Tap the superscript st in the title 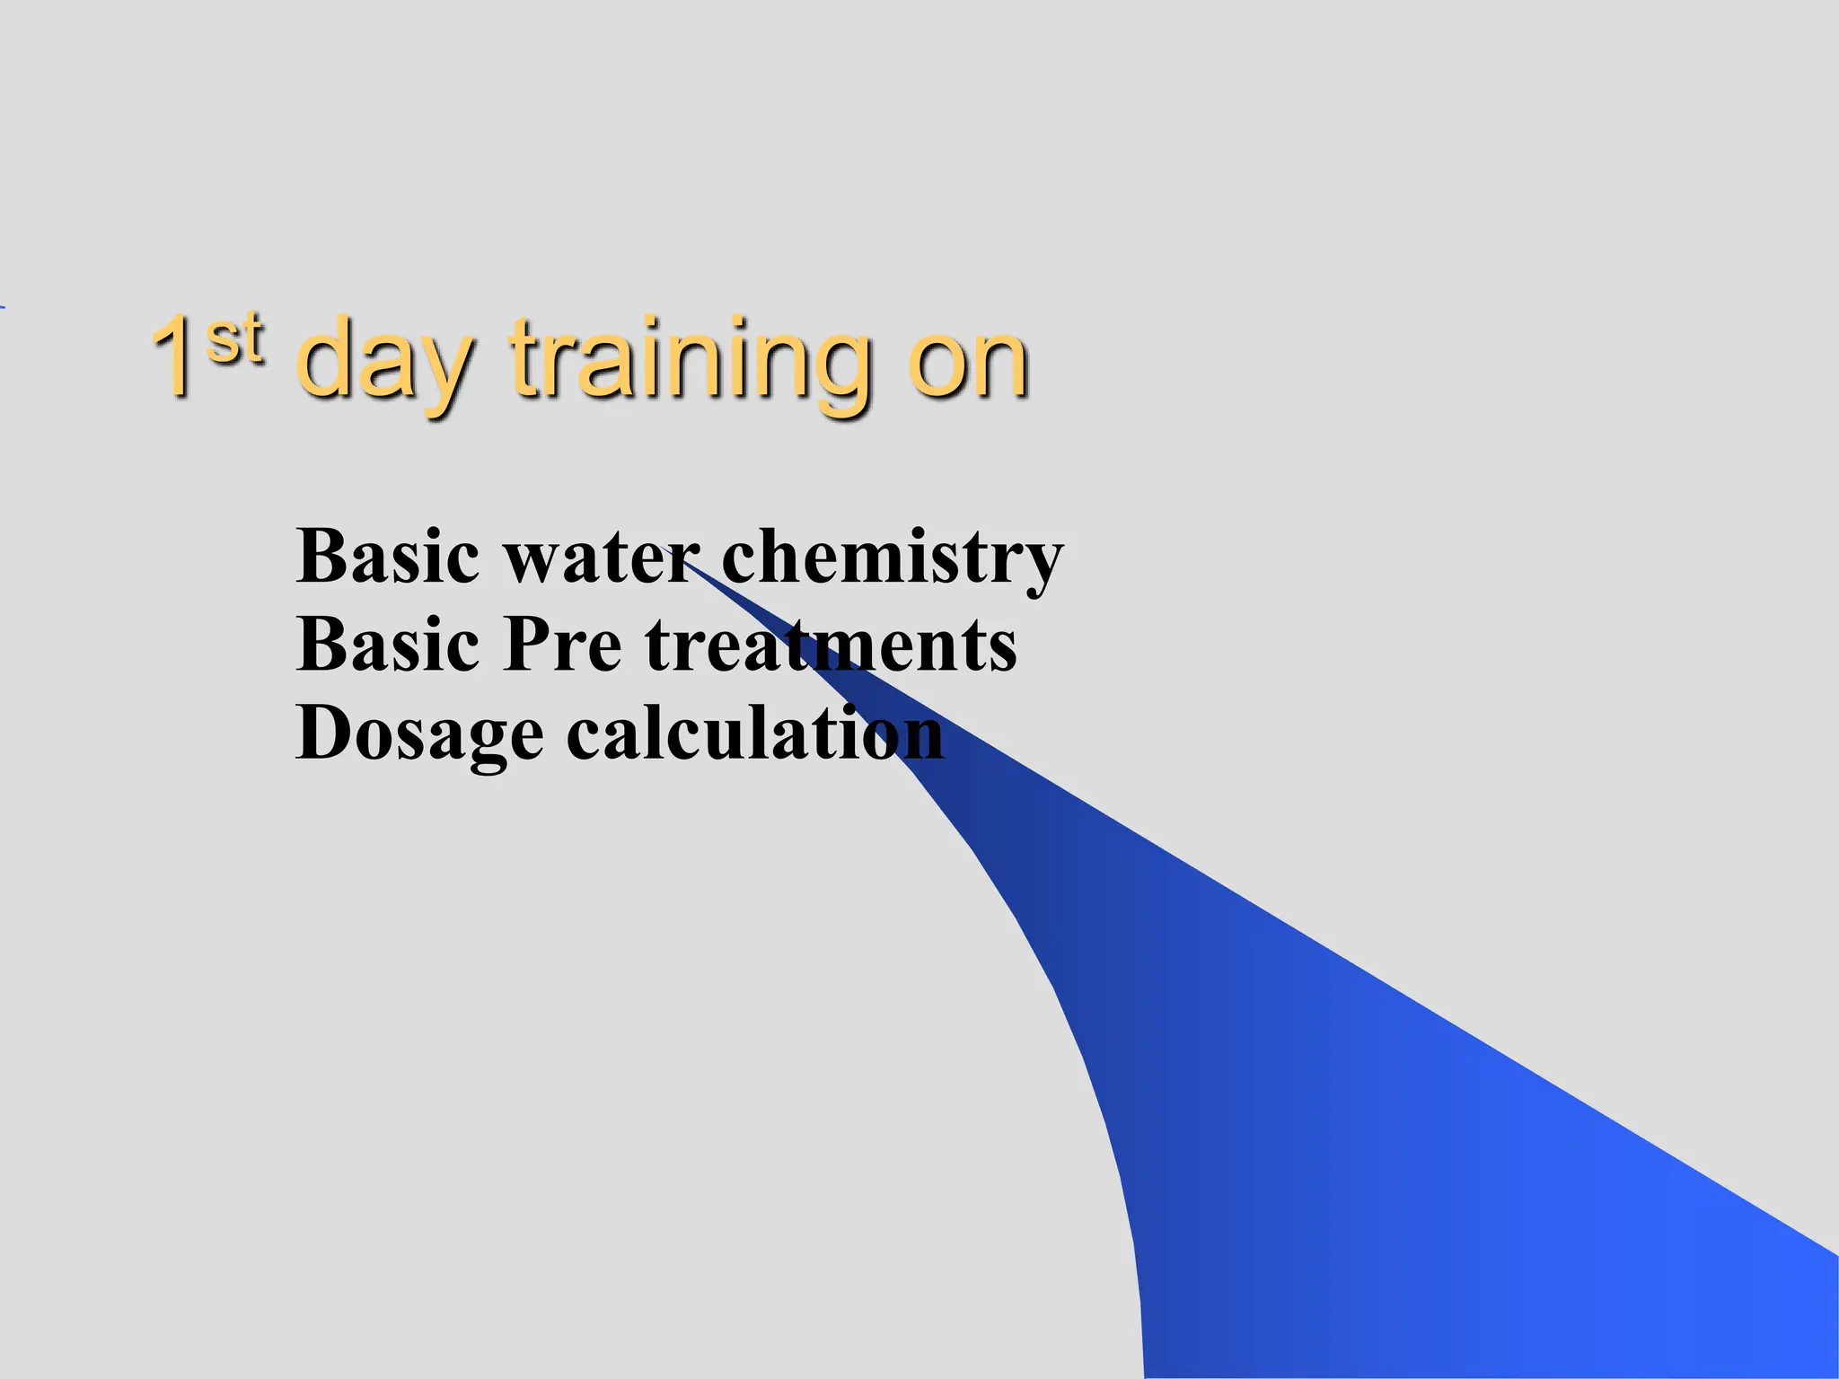point(235,339)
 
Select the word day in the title point(383,364)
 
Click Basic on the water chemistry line point(387,557)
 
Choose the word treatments point(831,646)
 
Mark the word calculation point(755,734)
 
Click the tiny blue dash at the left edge point(3,308)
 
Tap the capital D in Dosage point(323,733)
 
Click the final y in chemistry point(1042,567)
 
